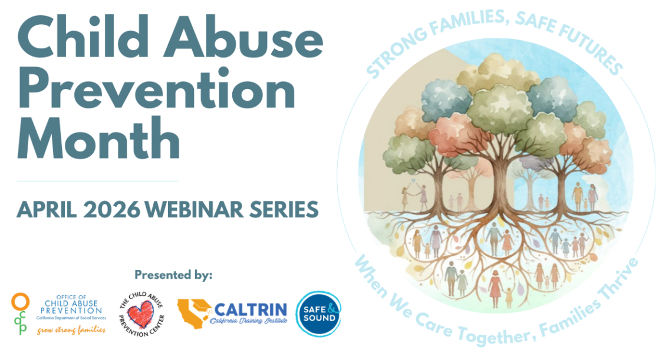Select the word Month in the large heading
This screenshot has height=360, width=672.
coord(98,138)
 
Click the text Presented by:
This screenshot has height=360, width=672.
coord(173,275)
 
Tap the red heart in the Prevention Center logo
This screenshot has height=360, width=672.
coord(140,314)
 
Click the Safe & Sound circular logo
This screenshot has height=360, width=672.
coord(318,313)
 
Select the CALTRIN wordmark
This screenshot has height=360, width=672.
coord(251,309)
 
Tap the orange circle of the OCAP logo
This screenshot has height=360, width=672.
coord(20,301)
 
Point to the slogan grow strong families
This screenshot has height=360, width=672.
coord(71,330)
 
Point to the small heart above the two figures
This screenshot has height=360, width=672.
coord(413,180)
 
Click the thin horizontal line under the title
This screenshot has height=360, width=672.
coord(98,181)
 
